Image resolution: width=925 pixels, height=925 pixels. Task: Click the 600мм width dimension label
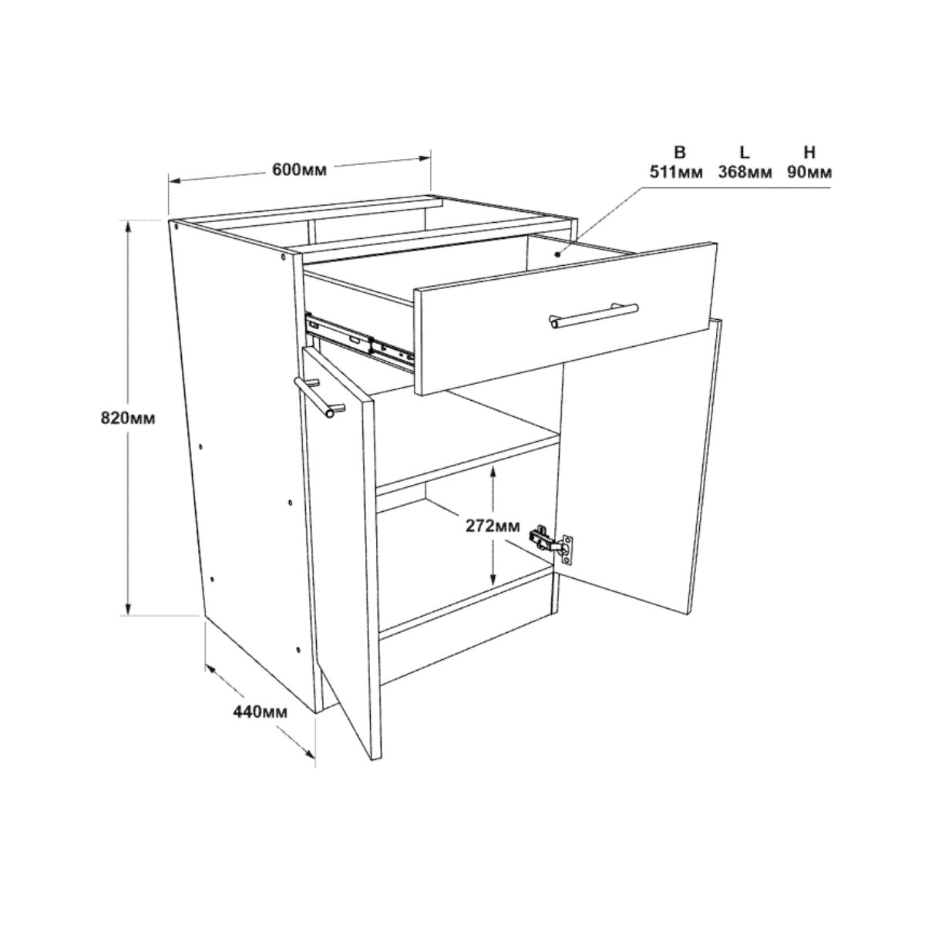point(299,170)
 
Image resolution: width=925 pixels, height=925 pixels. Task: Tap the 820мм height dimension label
point(128,419)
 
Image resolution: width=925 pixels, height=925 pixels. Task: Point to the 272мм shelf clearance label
point(492,526)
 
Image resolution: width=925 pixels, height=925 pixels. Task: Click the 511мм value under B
point(675,172)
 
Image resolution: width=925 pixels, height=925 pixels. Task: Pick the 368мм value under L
point(745,172)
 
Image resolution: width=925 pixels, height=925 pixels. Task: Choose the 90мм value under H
point(809,172)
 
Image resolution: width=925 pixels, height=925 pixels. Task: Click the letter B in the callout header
point(680,153)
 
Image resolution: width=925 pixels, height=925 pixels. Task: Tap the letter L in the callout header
point(744,153)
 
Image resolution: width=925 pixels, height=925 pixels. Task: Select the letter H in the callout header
point(810,153)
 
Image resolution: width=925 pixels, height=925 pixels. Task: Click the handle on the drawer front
point(595,316)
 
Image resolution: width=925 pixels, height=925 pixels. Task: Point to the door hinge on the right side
point(553,543)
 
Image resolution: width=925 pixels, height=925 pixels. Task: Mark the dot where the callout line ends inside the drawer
point(557,255)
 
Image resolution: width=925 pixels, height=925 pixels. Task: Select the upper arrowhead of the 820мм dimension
point(128,227)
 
